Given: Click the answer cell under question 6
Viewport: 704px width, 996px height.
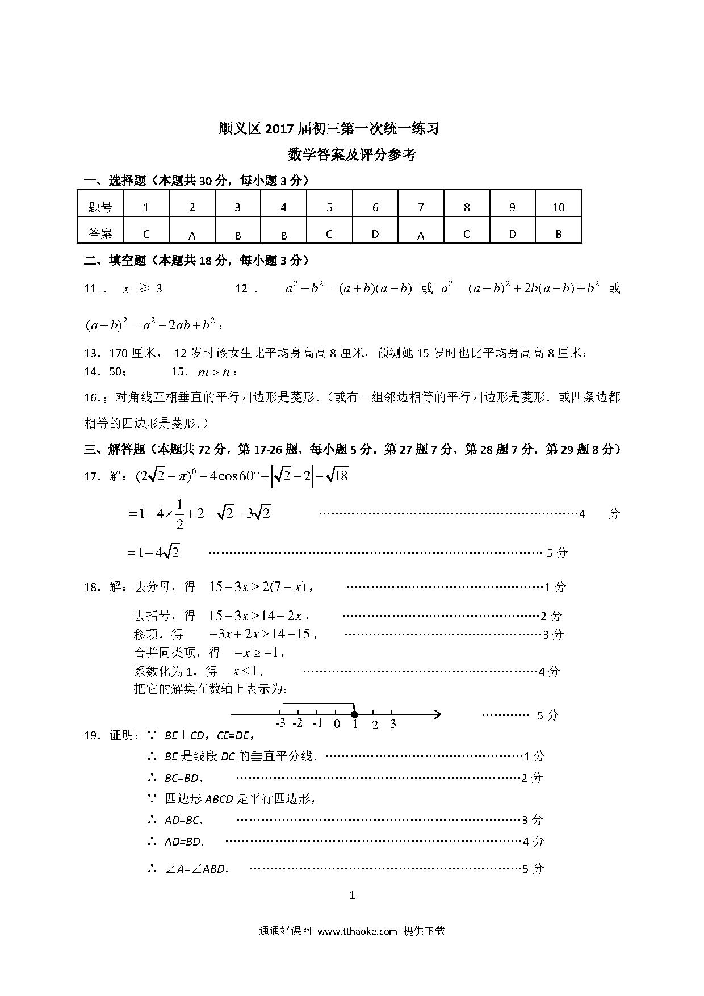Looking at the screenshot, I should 375,233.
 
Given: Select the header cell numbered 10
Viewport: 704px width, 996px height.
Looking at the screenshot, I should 558,207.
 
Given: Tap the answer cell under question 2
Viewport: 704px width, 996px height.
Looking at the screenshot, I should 192,235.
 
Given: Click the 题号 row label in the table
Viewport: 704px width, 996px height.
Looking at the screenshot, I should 100,207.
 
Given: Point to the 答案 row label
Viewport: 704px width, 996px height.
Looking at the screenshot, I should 100,233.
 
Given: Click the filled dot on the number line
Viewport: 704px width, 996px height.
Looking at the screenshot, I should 354,714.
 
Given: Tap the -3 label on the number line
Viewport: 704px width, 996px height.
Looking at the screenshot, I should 280,723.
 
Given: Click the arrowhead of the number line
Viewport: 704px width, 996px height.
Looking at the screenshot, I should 437,714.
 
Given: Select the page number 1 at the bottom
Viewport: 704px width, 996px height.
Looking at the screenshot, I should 352,895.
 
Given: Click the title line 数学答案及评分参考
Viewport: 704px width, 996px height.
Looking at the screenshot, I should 351,155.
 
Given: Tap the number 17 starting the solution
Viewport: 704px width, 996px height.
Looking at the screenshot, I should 91,477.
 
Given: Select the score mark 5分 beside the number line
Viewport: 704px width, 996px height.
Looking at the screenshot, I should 547,715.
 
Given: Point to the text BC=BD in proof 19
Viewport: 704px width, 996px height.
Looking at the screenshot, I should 183,778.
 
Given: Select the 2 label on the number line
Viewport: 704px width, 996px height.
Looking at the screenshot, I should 375,724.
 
